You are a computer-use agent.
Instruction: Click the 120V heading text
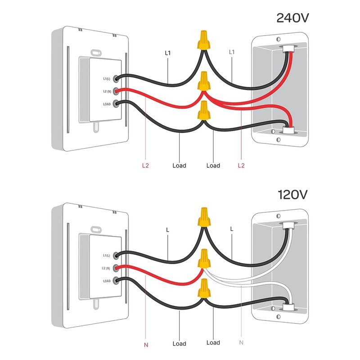coord(293,194)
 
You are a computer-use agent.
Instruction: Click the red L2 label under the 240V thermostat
coord(145,166)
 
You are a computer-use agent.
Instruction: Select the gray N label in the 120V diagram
coord(241,342)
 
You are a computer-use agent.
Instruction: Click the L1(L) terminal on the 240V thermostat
coord(117,78)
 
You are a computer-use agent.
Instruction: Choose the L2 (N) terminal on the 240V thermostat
coord(117,91)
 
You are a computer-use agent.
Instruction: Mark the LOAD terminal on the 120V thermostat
coord(117,281)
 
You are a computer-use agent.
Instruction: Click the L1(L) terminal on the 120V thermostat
coord(117,255)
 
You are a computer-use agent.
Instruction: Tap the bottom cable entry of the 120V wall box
coord(287,308)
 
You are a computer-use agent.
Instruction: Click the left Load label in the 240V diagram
coord(179,166)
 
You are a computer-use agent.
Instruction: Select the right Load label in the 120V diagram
coord(213,342)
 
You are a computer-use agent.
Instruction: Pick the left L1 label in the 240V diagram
coord(168,53)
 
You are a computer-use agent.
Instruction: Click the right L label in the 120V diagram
coord(232,229)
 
